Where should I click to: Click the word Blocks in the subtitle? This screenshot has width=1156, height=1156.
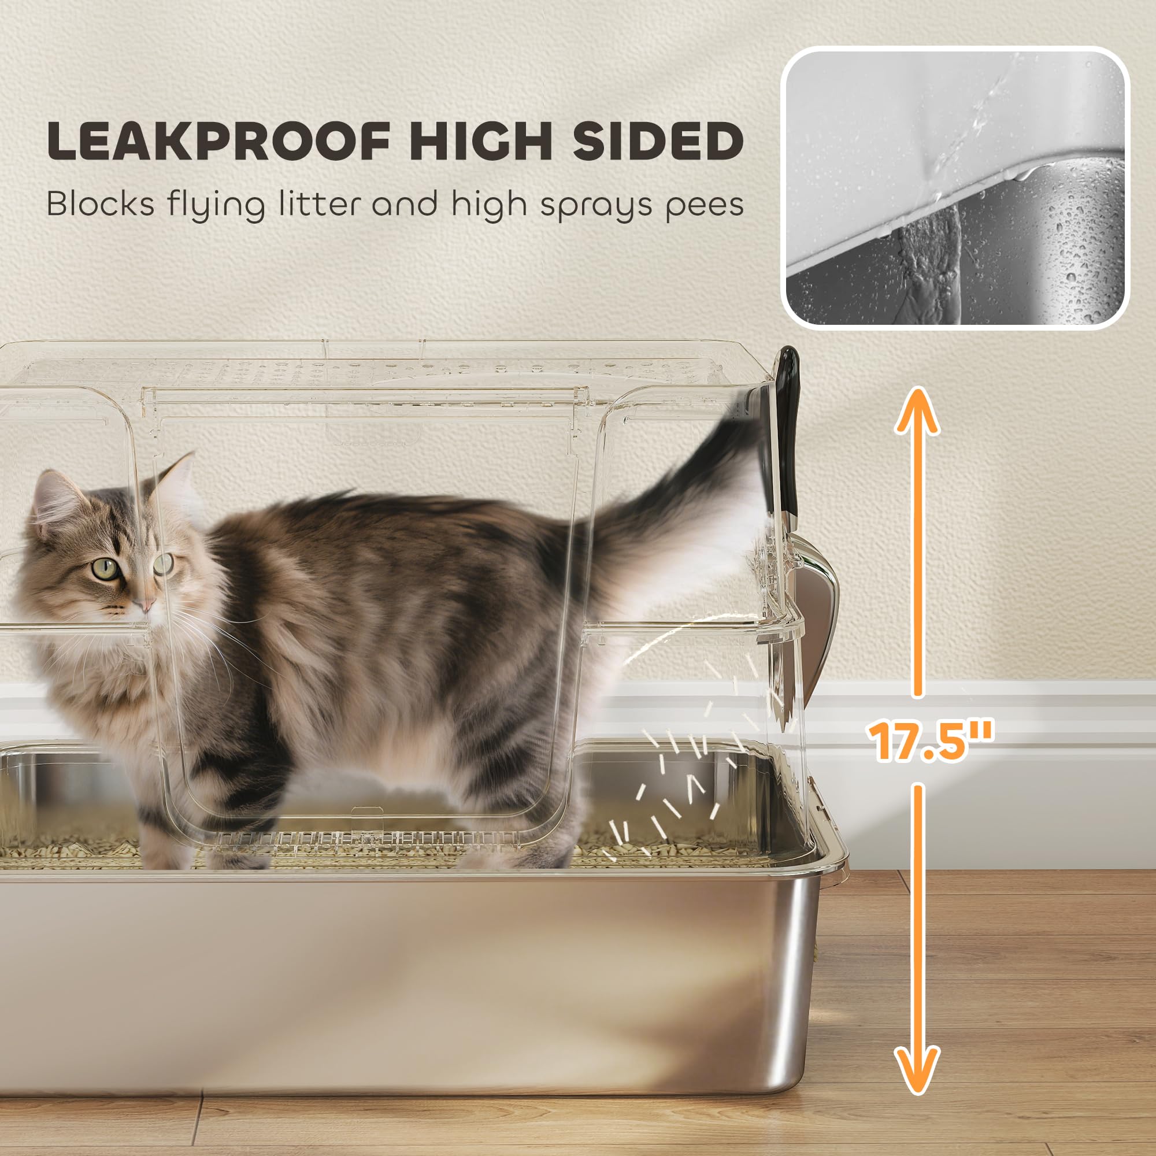point(101,205)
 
